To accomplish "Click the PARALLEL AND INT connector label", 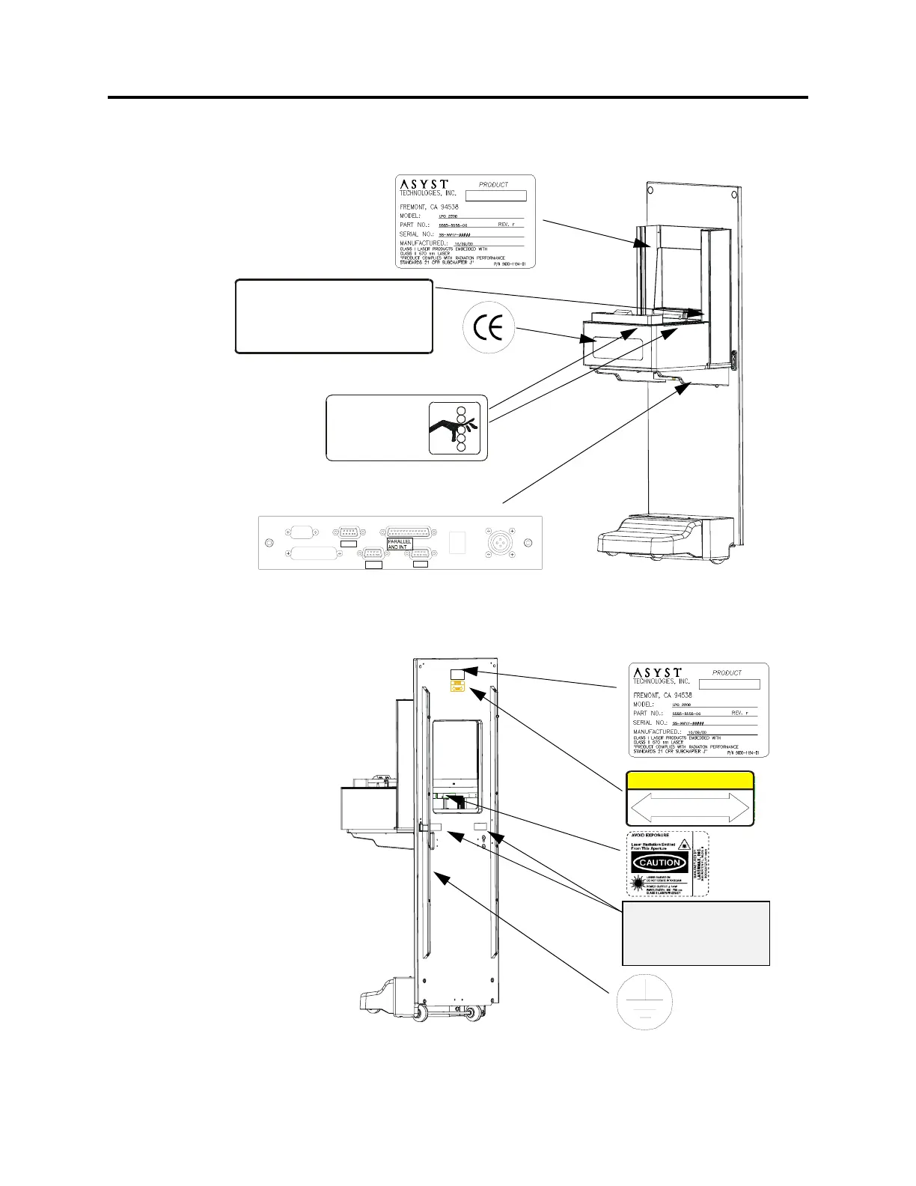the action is pos(400,544).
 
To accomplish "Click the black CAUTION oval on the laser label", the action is pos(659,863).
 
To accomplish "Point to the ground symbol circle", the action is pos(644,1001).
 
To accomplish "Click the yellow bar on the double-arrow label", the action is pos(689,780).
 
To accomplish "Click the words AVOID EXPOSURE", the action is pos(650,835).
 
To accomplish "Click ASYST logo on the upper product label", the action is pos(423,184).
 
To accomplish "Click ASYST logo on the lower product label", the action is pos(657,673).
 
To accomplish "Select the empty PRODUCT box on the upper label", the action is pos(496,195).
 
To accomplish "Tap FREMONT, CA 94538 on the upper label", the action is pos(429,207).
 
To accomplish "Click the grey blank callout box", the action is pos(695,933).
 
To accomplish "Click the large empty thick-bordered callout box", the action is pos(334,316).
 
